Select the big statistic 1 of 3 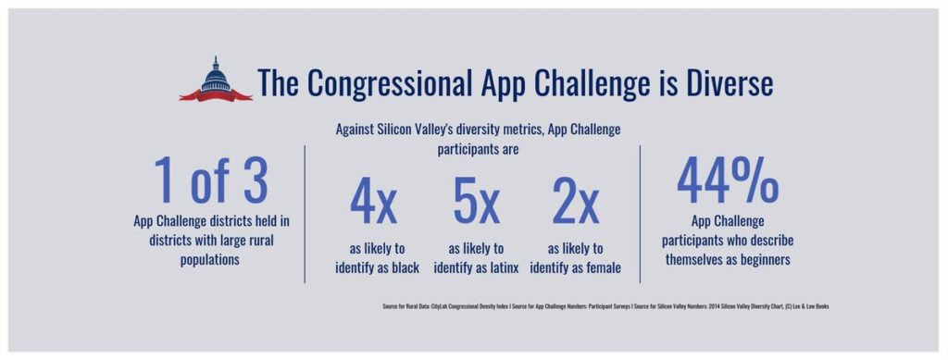(x=211, y=180)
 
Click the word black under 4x (x=403, y=268)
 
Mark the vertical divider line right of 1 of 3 (x=306, y=213)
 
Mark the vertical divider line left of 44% (x=641, y=213)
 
